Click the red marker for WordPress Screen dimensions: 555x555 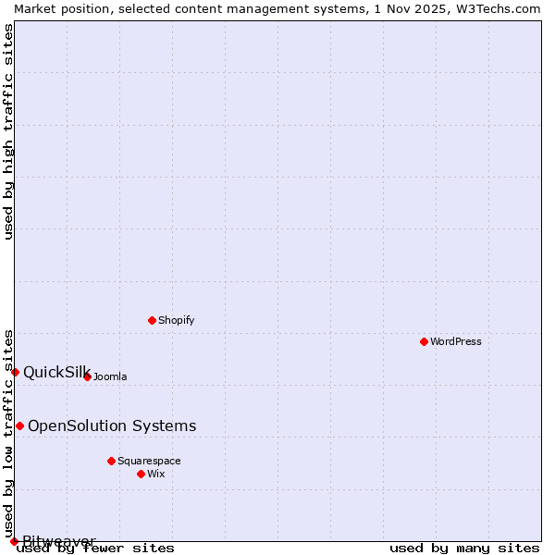425,341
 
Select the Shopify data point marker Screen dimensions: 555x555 153,320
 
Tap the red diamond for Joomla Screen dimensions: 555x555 88,376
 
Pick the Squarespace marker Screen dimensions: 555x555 112,461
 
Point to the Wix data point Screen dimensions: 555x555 142,474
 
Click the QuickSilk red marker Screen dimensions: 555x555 16,372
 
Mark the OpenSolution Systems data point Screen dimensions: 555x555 20,425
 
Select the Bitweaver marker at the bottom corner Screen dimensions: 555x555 15,541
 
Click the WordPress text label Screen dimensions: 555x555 456,342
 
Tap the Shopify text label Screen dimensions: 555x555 177,321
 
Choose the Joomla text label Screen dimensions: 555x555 110,377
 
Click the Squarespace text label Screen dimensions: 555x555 149,462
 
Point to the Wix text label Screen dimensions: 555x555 156,475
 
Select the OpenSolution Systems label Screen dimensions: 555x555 112,426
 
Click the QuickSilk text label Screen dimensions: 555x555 56,373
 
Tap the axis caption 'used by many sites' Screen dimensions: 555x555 464,549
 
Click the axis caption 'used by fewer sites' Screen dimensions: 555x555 96,549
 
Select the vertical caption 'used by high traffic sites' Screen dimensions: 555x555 9,131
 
